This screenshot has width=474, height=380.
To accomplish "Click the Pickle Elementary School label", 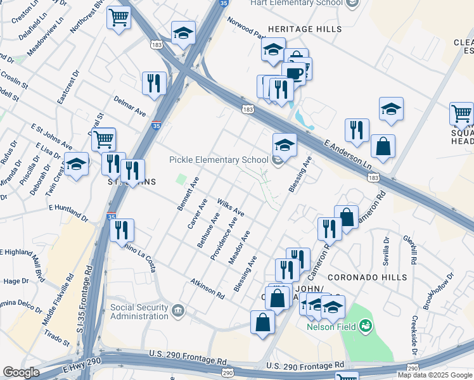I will point(218,160).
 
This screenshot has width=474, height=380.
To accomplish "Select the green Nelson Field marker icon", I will point(365,327).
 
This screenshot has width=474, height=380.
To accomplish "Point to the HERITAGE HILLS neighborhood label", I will point(305,29).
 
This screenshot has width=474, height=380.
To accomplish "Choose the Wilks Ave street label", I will point(230,205).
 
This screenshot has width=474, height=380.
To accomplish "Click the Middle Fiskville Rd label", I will point(58,300).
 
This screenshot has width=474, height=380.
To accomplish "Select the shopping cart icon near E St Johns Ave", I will point(103,138).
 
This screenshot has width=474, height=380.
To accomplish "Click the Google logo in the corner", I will point(21,372).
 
